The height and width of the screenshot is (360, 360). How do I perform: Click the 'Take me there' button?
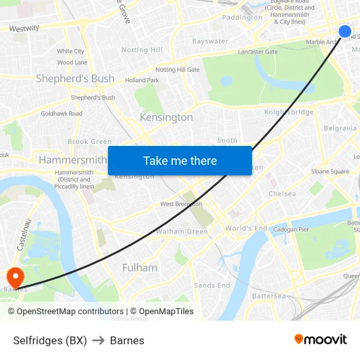tap(180, 160)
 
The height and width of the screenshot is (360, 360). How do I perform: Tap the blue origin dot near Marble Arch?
tap(345, 31)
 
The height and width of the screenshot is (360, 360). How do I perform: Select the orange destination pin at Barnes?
tap(14, 277)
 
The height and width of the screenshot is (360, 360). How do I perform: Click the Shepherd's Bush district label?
tap(75, 79)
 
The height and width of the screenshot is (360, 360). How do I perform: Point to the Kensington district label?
tap(166, 117)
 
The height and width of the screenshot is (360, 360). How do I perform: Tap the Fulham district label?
tap(139, 267)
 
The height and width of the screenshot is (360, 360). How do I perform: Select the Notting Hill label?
tap(142, 50)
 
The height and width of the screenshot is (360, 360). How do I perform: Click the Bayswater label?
tap(210, 41)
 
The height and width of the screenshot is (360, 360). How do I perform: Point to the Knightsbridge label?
tap(289, 112)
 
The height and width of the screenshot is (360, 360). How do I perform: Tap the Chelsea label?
tap(282, 194)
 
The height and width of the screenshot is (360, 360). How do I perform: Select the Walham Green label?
tap(182, 232)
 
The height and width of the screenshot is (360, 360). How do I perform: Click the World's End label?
tap(246, 228)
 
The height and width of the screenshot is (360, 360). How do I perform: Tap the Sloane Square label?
tap(330, 171)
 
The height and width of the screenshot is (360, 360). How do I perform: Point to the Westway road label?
tap(24, 28)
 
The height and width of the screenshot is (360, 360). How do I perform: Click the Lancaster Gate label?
tap(258, 52)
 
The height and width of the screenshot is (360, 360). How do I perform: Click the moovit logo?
tap(321, 339)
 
